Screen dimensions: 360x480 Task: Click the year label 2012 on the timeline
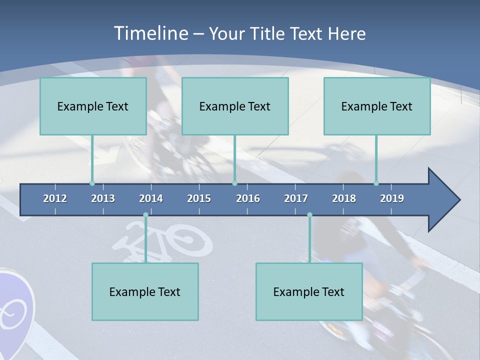coord(55,198)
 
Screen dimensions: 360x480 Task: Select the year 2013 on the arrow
coord(103,198)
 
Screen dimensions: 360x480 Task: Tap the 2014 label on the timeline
coord(151,198)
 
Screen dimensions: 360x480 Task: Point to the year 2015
coord(199,198)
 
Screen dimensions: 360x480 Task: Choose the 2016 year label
coord(248,198)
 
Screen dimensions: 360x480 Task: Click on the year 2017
coord(296,198)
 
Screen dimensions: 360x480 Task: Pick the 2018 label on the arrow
coord(344,198)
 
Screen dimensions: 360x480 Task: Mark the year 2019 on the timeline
coord(392,198)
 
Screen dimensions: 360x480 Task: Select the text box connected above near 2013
coord(93,106)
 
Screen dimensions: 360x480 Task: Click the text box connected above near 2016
coord(235,106)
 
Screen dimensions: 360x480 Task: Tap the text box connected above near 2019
coord(377,106)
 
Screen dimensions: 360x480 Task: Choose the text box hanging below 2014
coord(145,291)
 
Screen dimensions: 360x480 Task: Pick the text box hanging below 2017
coord(309,291)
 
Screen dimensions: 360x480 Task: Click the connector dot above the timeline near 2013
coord(92,183)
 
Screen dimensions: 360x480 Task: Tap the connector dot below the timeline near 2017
coord(309,215)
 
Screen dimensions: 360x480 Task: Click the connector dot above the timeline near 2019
coord(376,183)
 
